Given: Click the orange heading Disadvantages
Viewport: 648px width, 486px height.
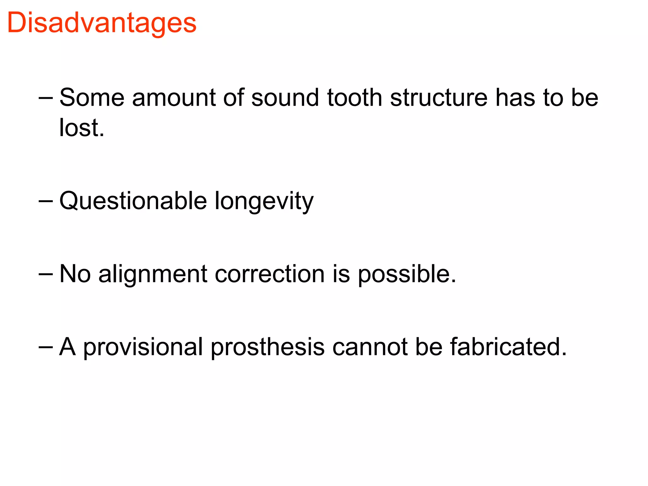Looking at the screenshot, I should pos(102,23).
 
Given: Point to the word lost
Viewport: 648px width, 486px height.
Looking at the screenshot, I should pos(82,128).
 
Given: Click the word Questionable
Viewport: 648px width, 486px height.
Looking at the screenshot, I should pos(133,201).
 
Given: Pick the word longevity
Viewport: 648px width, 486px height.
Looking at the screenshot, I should pos(264,202).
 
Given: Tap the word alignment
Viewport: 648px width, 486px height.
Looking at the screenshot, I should pos(153,274).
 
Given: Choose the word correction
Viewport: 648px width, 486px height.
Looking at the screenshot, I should pos(270,274).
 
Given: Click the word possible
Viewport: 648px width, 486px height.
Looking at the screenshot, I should pos(407,274).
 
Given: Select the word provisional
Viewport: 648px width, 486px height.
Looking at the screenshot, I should pos(143,347).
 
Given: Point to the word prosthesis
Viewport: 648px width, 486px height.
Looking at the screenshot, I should pos(268,347).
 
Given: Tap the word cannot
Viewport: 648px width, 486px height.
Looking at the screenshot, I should pos(370,347).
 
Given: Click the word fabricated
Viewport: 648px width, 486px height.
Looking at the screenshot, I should pos(508,347).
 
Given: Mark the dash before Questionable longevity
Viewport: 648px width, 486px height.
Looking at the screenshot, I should pos(45,201).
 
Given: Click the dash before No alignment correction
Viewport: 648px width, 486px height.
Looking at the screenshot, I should pos(45,274).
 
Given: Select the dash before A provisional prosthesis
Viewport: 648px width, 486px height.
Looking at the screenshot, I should pos(45,347).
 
